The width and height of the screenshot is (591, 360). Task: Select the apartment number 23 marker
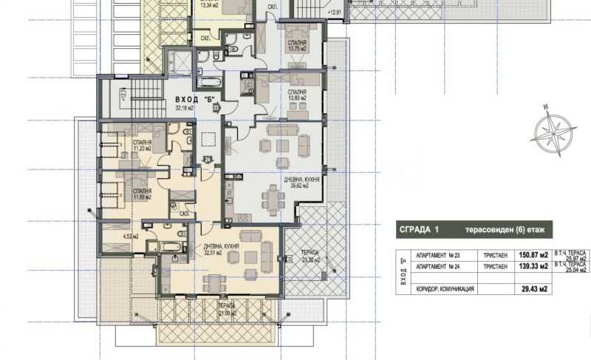[x=216, y=107]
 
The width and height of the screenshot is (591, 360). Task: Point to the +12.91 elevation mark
[x=335, y=13]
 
